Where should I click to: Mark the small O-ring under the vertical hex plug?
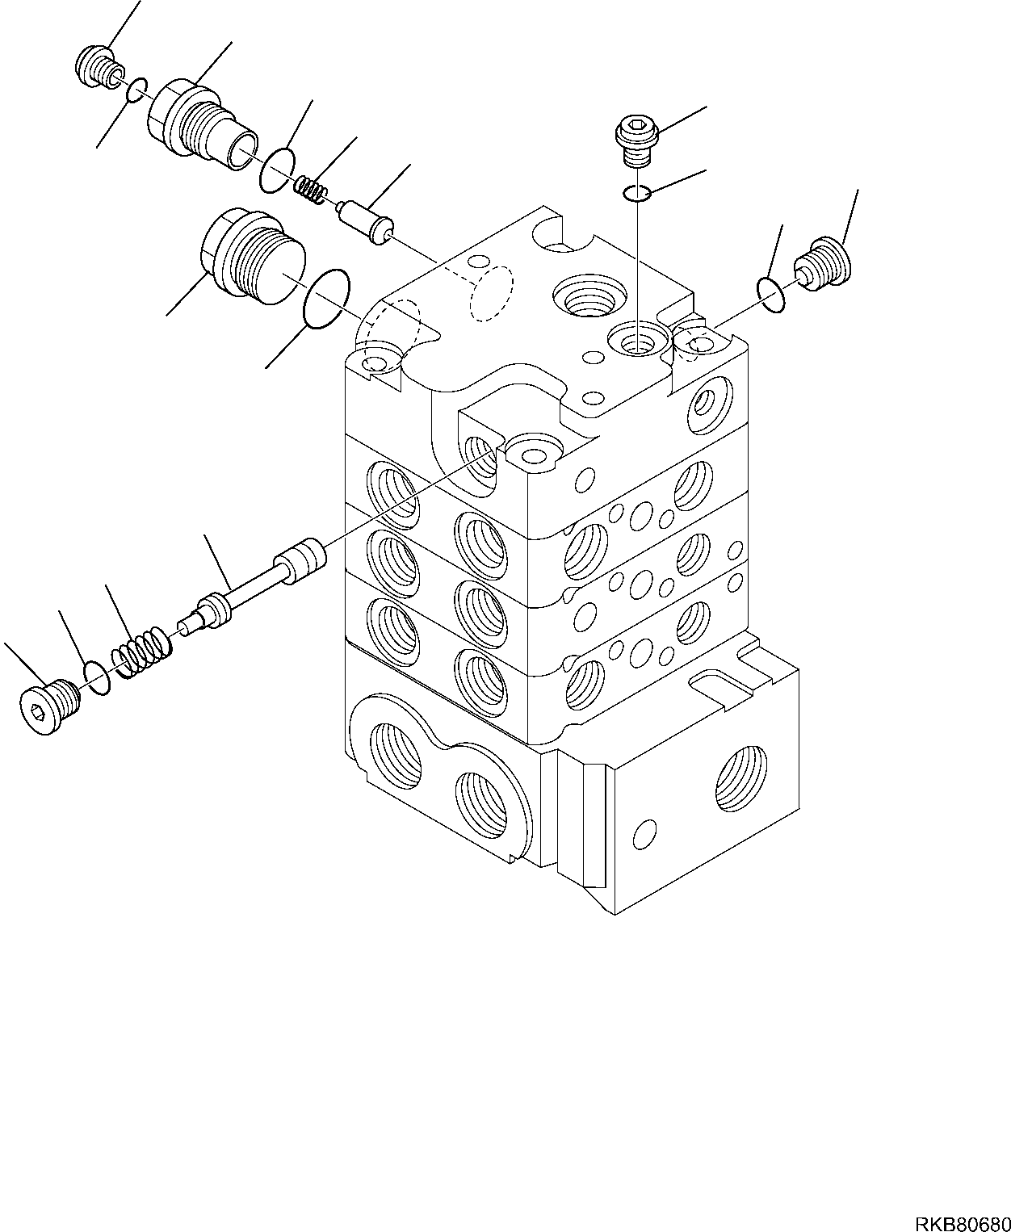(x=637, y=192)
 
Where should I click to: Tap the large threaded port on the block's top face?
(x=589, y=301)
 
